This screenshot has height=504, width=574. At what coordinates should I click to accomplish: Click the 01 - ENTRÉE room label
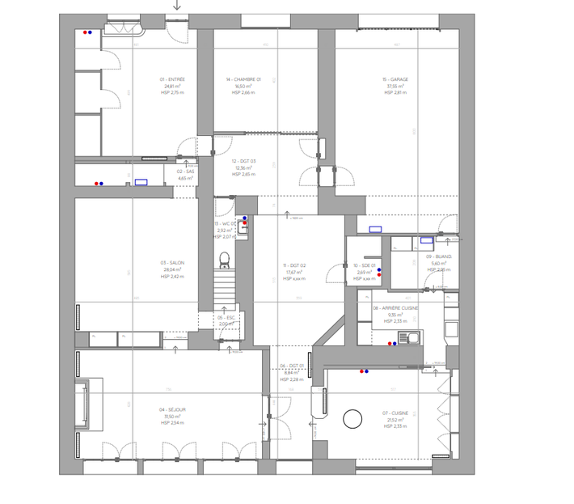172,79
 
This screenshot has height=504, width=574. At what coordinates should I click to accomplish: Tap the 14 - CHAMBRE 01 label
243,79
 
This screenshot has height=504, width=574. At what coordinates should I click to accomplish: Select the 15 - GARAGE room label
395,79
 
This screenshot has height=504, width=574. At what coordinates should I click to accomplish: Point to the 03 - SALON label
172,263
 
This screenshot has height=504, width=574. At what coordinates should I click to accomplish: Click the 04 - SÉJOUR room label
172,409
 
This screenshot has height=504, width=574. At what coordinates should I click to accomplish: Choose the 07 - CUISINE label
395,413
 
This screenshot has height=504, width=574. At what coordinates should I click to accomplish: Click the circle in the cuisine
352,418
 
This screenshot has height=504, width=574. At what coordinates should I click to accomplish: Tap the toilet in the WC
225,260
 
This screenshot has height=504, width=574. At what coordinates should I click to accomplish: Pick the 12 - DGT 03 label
243,161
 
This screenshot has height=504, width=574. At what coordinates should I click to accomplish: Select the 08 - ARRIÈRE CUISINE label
395,308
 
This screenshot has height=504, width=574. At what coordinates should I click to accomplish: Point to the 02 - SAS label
185,172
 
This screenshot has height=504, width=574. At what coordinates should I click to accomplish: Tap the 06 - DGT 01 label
291,366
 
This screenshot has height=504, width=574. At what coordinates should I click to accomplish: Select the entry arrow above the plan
177,6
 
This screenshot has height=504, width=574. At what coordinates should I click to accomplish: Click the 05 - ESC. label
226,318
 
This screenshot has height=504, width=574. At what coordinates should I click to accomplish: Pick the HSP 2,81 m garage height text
395,93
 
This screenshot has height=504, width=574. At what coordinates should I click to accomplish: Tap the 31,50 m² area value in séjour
172,417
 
